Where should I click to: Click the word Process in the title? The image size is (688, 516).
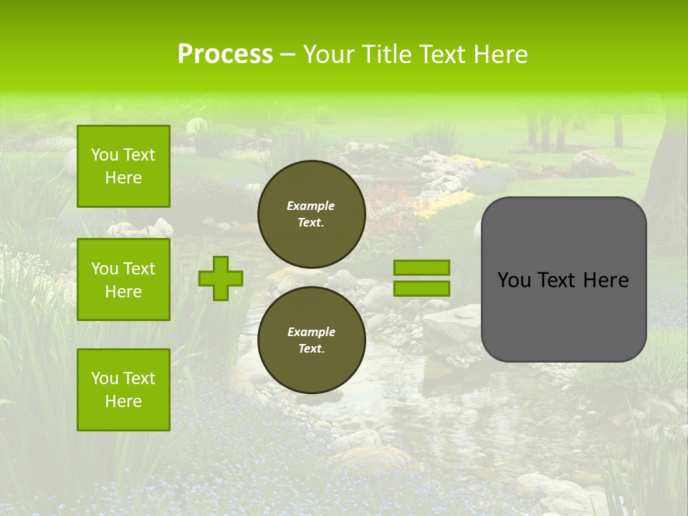click(225, 54)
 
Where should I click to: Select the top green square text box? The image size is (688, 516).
click(123, 166)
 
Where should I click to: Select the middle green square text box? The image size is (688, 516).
click(123, 279)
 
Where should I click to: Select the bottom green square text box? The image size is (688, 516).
click(123, 390)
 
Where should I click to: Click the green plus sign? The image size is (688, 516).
click(221, 278)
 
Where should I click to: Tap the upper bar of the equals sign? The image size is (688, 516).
click(422, 267)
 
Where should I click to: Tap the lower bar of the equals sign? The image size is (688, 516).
click(422, 288)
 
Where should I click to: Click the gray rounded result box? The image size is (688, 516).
click(563, 315)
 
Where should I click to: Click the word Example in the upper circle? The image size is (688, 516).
click(311, 206)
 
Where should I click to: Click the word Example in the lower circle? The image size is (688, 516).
click(311, 332)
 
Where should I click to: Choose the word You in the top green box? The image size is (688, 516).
click(105, 155)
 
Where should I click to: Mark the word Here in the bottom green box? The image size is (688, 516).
click(123, 401)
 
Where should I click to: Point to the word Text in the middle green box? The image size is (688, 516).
click(138, 269)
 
